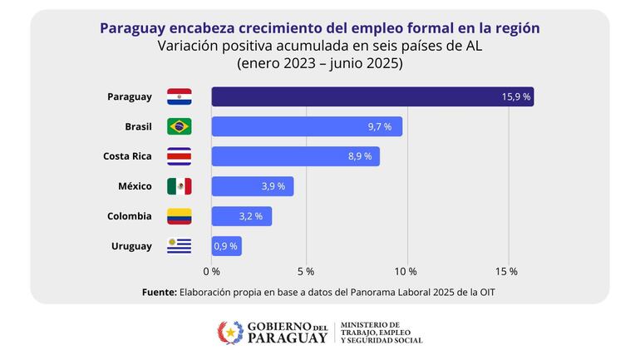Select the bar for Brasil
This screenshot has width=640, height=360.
(307, 126)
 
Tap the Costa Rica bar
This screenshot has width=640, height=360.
(295, 156)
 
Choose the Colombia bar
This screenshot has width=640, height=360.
(241, 216)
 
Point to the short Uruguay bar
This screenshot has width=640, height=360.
(226, 246)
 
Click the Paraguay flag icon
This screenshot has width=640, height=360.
(180, 96)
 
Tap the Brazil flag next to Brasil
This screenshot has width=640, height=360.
(180, 126)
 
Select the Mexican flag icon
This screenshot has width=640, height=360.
(180, 186)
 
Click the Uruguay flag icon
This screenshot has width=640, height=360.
(180, 246)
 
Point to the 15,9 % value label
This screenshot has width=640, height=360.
(515, 97)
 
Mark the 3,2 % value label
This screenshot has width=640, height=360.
(250, 216)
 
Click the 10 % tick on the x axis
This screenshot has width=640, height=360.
(406, 271)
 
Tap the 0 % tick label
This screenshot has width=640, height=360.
(211, 271)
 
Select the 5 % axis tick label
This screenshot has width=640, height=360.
(306, 271)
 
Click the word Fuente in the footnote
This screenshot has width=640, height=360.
(158, 292)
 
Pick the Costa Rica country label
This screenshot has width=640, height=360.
(127, 156)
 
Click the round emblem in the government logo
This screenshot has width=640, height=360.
(230, 333)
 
